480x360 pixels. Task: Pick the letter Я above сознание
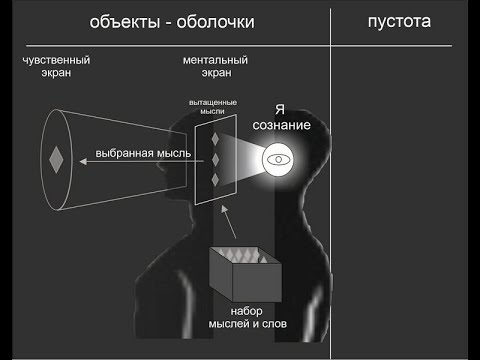281,111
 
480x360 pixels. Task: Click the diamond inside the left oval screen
56,158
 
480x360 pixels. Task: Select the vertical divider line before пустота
332,180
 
